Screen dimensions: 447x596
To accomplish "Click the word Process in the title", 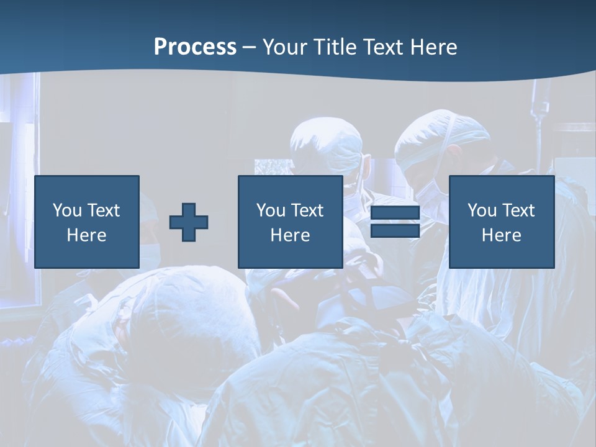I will point(195,47).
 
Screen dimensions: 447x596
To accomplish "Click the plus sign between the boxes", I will point(189,222).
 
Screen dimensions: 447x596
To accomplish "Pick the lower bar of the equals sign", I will point(395,230).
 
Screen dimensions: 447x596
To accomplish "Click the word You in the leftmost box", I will point(67,210).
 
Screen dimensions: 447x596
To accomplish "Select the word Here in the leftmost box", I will point(86,235).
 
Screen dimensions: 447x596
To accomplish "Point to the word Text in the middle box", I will point(307,210).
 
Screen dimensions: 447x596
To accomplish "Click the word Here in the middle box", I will point(290,235).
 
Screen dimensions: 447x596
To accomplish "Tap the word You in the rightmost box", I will point(482,210).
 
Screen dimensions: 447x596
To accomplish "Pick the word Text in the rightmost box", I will point(518,210).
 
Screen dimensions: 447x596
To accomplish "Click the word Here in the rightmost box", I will point(501,235).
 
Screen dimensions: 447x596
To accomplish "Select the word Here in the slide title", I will point(435,47).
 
